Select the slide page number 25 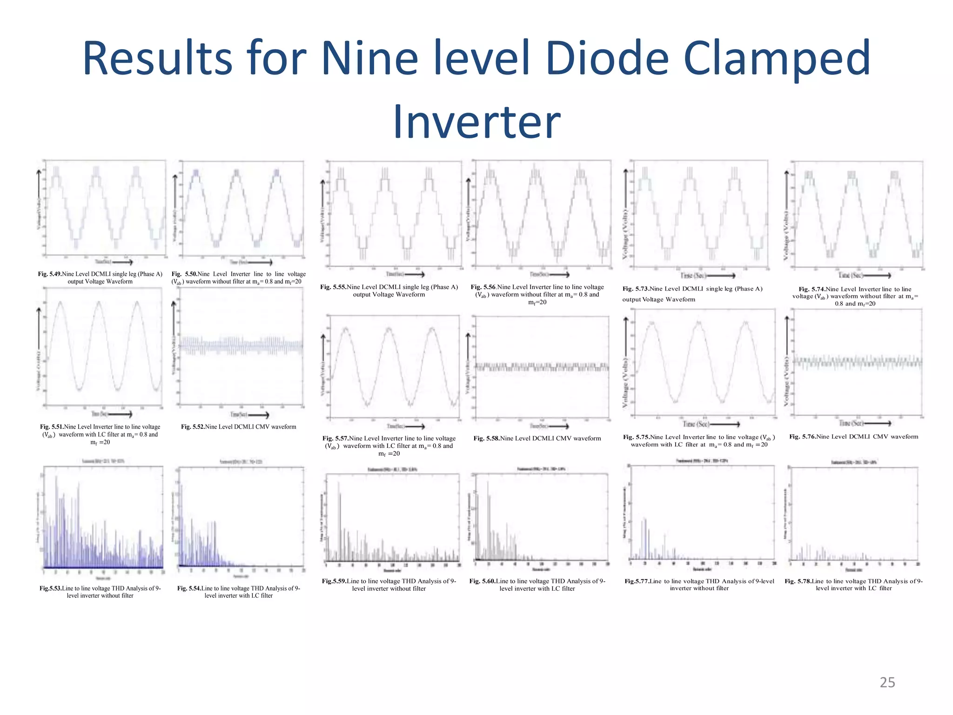point(887,682)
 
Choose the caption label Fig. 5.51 point(52,427)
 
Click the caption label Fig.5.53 point(50,588)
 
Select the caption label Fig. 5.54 point(189,588)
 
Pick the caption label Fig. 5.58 point(486,438)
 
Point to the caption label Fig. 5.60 point(482,581)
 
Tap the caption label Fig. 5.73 point(636,289)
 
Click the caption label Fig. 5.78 point(798,581)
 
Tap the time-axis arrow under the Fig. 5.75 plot point(725,424)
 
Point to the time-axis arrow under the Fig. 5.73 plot point(721,276)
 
